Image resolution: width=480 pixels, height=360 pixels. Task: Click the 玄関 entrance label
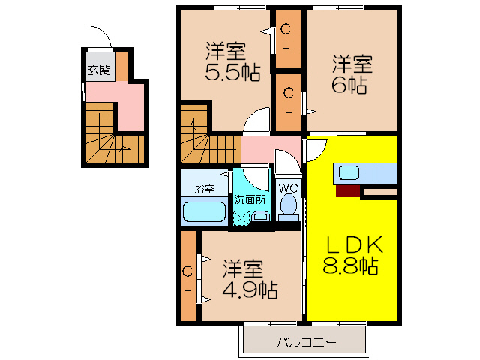click(98, 71)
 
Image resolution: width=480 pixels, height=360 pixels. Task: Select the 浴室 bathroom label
click(204, 188)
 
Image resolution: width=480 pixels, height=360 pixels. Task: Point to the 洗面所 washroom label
click(250, 200)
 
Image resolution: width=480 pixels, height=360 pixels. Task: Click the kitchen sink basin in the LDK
click(349, 173)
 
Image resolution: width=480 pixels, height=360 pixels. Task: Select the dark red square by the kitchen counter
click(348, 190)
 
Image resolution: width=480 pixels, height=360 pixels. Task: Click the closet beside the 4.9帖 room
click(188, 277)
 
